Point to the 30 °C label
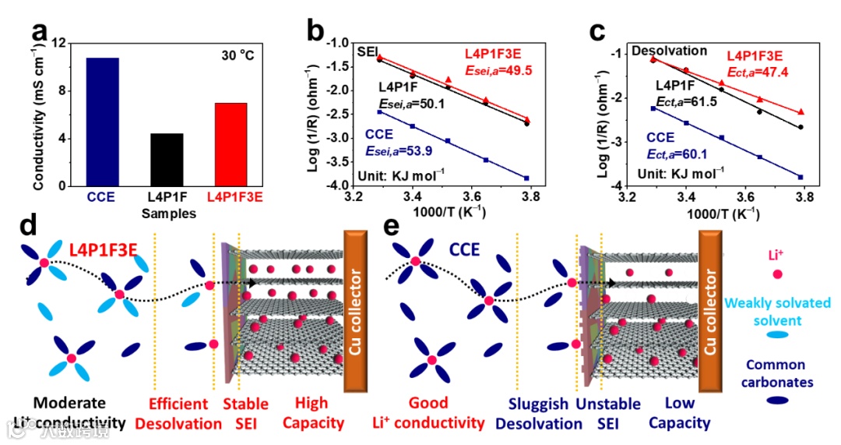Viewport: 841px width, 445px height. [237, 56]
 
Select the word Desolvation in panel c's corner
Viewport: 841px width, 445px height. [669, 51]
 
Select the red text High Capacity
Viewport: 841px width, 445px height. [319, 413]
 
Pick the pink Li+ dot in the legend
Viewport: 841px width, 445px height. [777, 274]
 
